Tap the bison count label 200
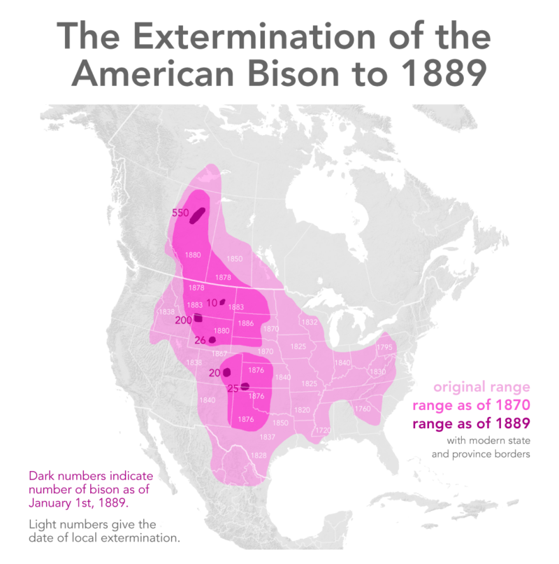pyautogui.click(x=183, y=320)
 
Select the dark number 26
pyautogui.click(x=199, y=340)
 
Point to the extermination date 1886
pyautogui.click(x=245, y=323)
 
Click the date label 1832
pyautogui.click(x=310, y=322)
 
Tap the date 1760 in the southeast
pyautogui.click(x=363, y=409)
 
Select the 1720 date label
pyautogui.click(x=322, y=430)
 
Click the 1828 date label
pyautogui.click(x=259, y=455)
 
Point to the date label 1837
pyautogui.click(x=267, y=437)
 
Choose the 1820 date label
pyautogui.click(x=302, y=409)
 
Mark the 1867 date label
pyautogui.click(x=219, y=354)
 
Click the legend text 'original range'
pyautogui.click(x=481, y=387)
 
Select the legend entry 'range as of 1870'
pyautogui.click(x=471, y=405)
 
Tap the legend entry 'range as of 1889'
pyautogui.click(x=471, y=423)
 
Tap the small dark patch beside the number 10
pyautogui.click(x=223, y=302)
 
